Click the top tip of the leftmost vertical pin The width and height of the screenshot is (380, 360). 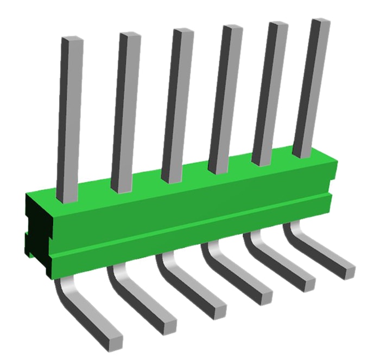click(72, 41)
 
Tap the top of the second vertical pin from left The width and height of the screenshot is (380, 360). click(130, 36)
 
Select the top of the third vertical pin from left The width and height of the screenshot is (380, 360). click(182, 32)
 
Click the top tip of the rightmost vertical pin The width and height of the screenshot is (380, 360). click(320, 22)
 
